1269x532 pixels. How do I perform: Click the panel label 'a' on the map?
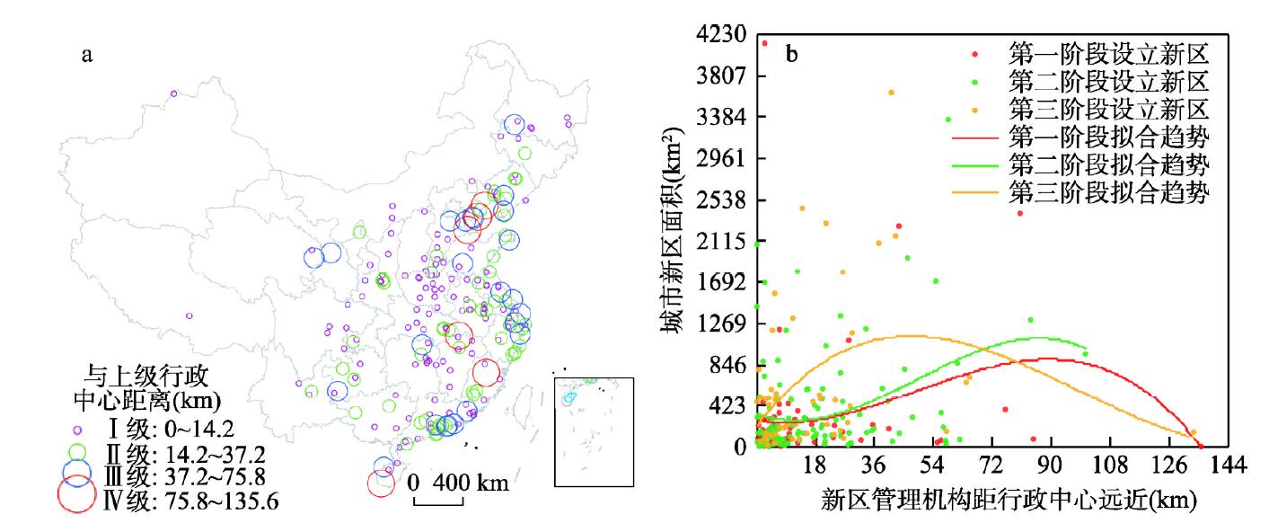click(x=86, y=56)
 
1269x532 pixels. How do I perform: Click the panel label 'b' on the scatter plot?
click(x=792, y=55)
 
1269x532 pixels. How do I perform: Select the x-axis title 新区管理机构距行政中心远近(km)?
click(x=1009, y=501)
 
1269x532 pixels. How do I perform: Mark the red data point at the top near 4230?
click(x=764, y=43)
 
